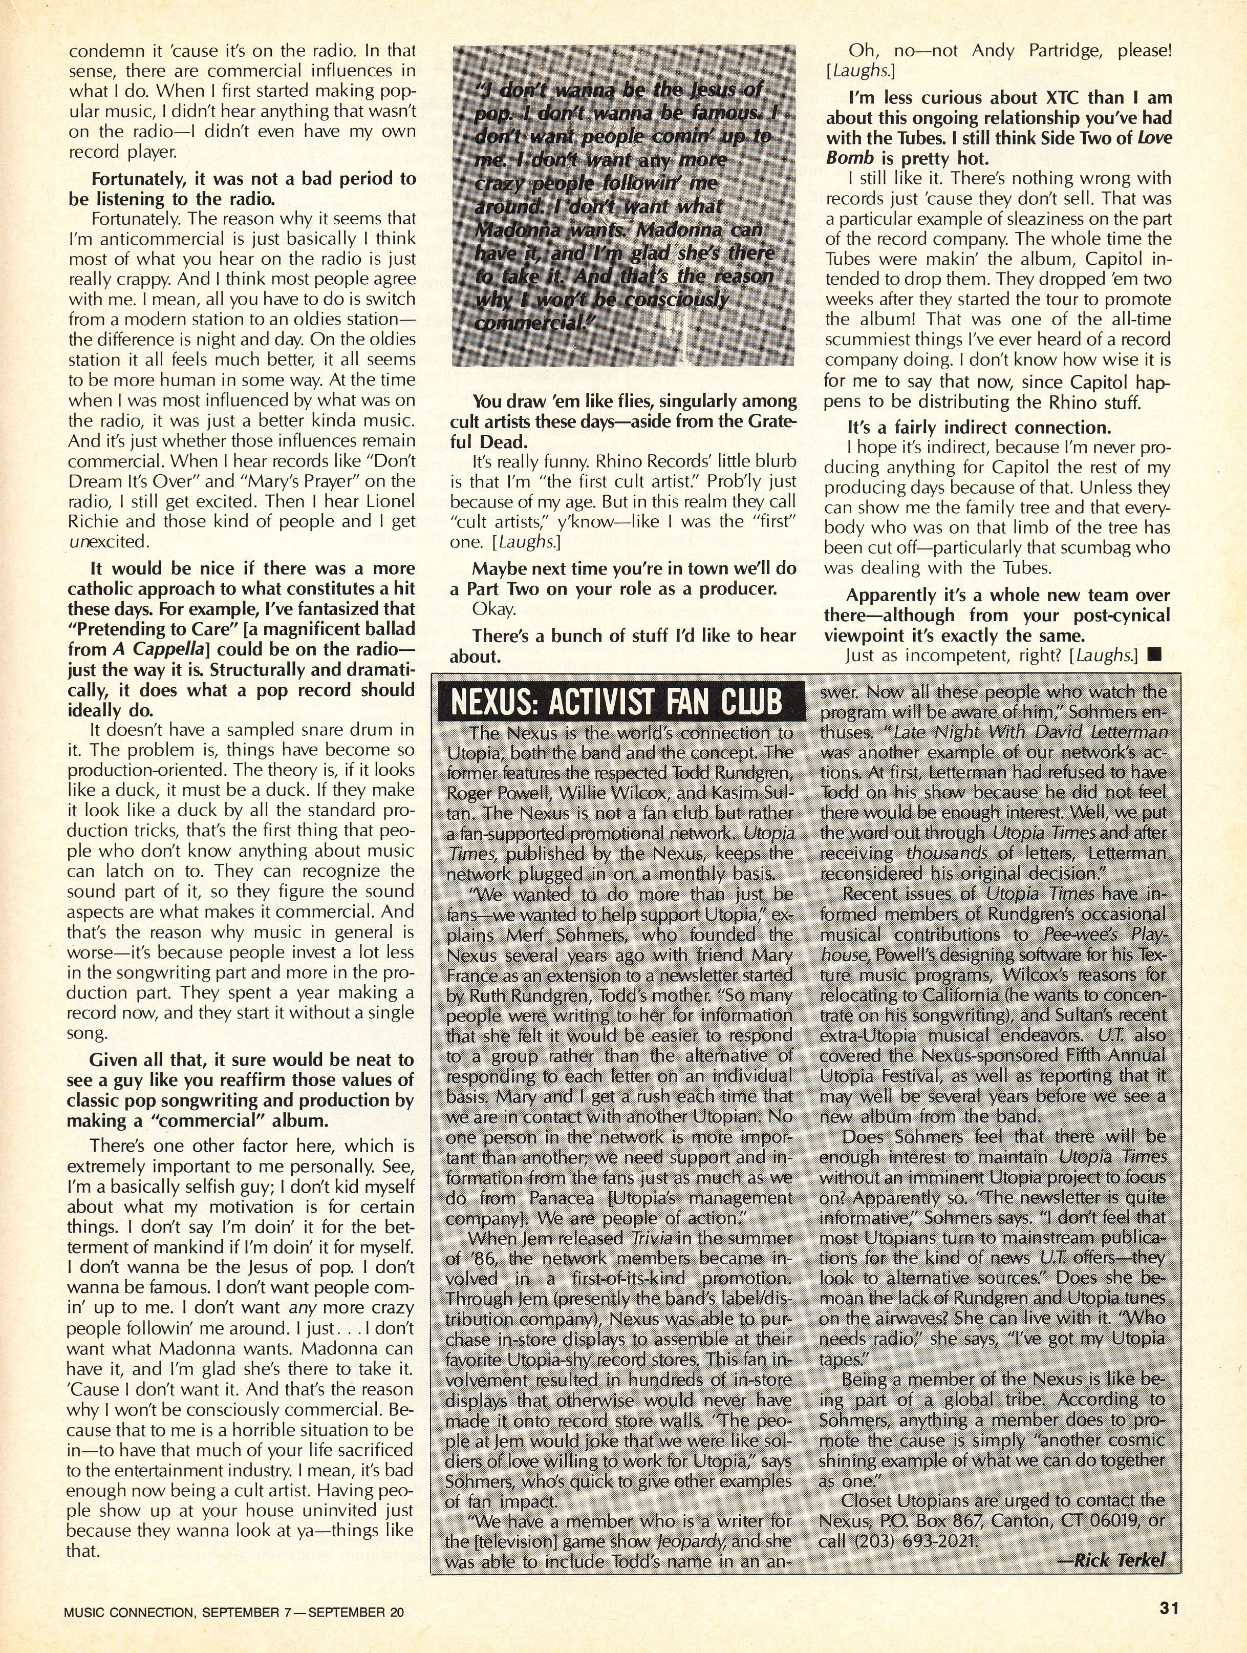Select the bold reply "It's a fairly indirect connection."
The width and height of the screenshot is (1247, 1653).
(x=979, y=428)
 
